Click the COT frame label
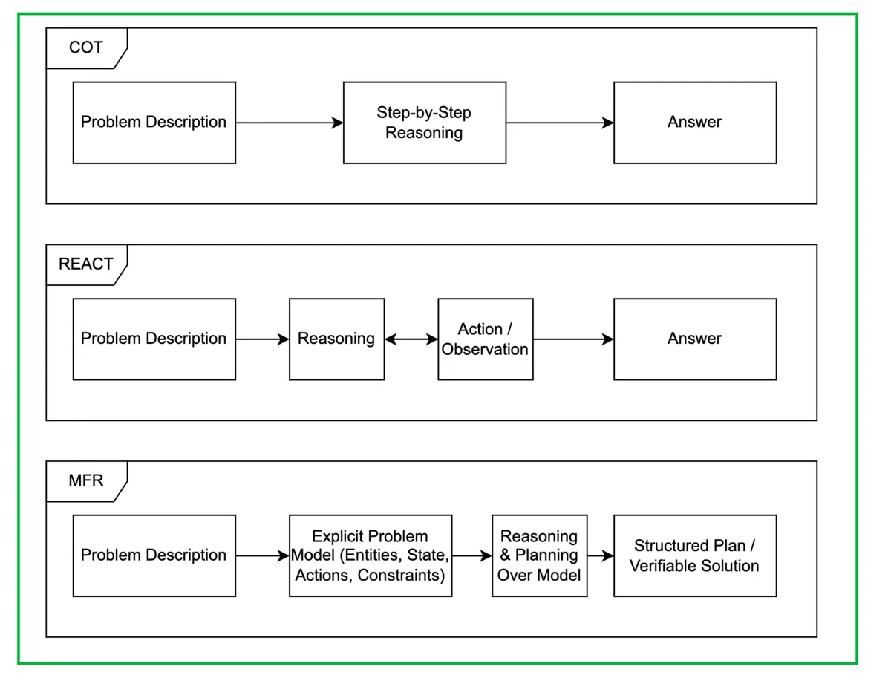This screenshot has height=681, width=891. point(86,48)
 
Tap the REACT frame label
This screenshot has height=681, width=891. point(86,264)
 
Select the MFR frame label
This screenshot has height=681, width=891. point(86,481)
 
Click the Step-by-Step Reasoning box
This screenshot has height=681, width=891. point(425,123)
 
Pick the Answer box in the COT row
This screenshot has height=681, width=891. point(695,123)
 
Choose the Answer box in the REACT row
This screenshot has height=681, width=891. point(695,339)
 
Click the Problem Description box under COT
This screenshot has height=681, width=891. point(154,123)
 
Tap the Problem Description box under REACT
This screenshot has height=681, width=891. point(154,339)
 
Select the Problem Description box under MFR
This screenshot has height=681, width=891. point(154,556)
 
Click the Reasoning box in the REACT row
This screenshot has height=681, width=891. point(337,339)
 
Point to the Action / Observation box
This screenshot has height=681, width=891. point(486,339)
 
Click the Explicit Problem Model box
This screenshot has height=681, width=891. point(371,556)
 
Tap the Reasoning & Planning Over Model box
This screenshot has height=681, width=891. point(540,556)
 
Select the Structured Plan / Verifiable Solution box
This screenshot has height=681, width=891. point(695,556)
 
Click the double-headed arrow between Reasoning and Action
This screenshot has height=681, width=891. point(411,339)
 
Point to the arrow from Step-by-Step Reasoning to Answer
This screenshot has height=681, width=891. point(560,123)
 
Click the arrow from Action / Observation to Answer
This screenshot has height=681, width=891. point(573,339)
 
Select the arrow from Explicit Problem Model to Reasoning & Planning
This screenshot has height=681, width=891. point(472,556)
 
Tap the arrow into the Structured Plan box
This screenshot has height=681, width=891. point(601,556)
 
